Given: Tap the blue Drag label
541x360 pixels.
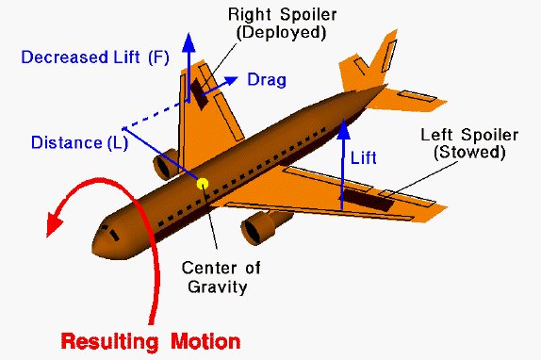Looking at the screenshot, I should coord(267,80).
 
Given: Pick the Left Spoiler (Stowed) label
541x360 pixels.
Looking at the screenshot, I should coord(461,142).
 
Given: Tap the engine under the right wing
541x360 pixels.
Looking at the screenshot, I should coord(168,166).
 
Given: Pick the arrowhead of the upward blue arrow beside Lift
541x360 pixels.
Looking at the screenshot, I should coord(342,123).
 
